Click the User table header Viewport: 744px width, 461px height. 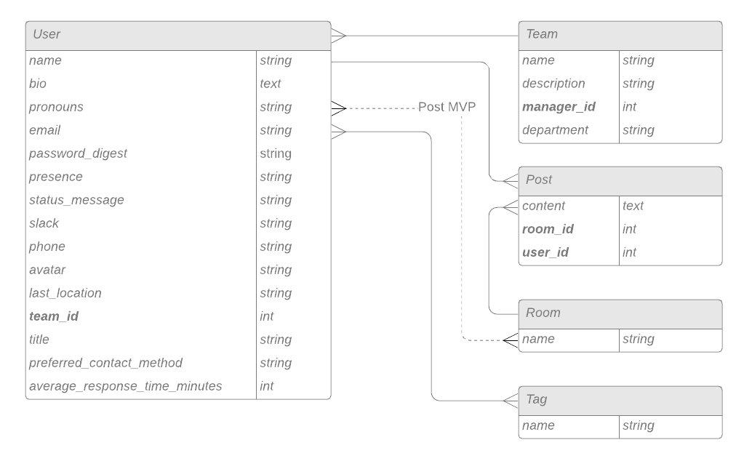177,35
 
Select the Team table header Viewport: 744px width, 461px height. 620,35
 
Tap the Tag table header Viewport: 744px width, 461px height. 620,400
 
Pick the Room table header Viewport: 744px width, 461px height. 620,313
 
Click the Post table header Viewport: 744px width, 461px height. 620,180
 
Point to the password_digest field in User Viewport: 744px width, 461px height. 78,153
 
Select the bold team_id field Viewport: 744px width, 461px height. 54,316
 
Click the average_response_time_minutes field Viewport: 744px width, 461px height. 125,386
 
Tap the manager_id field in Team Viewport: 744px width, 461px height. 559,107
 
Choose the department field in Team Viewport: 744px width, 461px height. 555,130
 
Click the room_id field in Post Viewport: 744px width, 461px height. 548,229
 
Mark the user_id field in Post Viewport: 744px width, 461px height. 545,252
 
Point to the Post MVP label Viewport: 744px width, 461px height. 447,107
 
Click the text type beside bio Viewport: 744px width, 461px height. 271,84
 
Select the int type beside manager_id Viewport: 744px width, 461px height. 629,107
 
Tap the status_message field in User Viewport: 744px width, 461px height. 76,200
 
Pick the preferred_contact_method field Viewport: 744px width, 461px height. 105,363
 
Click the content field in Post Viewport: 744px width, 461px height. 543,206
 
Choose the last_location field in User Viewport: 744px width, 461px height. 65,293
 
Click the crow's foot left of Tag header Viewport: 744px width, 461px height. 511,400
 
